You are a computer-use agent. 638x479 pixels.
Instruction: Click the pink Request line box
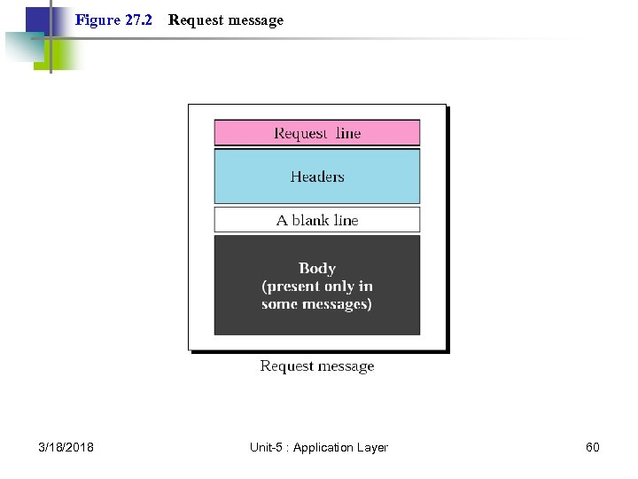316,133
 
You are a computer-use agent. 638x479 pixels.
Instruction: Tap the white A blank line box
316,220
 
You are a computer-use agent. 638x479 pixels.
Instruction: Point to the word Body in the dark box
316,268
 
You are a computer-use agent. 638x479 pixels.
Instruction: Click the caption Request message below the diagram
316,366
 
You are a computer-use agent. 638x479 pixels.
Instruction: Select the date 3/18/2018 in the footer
66,447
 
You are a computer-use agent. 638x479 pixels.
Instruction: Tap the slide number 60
593,447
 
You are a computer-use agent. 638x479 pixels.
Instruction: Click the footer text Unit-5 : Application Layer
318,447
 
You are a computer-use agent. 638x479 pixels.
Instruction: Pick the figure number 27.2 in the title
138,20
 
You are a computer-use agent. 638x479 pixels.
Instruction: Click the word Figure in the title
97,20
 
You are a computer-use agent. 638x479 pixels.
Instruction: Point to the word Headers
316,177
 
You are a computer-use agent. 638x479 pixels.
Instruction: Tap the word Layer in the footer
372,447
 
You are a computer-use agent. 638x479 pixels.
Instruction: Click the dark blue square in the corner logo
37,20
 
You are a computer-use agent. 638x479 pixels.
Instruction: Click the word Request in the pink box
300,133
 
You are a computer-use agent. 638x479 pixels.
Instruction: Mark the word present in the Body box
304,287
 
